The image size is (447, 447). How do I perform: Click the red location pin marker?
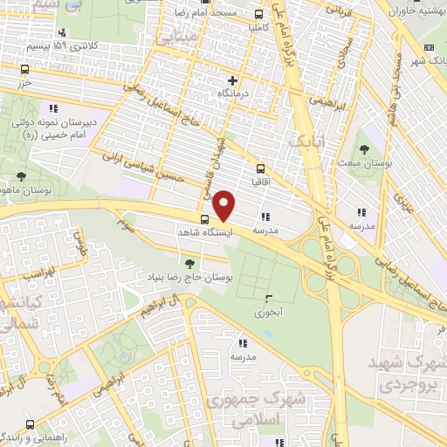click(224, 205)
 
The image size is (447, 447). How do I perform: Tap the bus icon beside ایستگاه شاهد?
click(204, 219)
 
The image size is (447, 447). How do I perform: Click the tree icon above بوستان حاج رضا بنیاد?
click(189, 262)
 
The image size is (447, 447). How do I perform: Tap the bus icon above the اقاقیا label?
click(259, 169)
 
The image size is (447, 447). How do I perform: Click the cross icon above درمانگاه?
click(231, 80)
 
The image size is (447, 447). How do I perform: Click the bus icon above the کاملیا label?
click(258, 14)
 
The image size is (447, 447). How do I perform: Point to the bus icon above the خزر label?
click(24, 69)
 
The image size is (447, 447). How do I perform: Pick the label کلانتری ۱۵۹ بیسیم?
click(63, 44)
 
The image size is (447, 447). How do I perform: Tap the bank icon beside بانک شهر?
click(427, 47)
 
